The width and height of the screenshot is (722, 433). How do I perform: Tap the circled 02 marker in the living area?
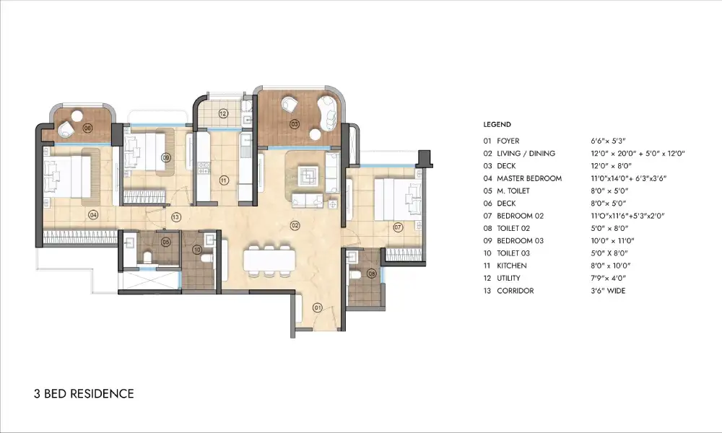(295, 226)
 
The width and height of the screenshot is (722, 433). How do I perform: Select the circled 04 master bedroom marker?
(92, 214)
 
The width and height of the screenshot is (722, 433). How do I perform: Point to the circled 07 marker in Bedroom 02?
(397, 227)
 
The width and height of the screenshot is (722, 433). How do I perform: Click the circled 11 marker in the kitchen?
(224, 180)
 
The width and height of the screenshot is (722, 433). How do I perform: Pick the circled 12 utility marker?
(223, 113)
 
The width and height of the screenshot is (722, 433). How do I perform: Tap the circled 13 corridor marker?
(175, 216)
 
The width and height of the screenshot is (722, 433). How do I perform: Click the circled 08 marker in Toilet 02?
(372, 273)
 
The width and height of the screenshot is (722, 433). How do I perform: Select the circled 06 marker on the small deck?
(87, 128)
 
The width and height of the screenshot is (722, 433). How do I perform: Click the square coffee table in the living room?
(308, 175)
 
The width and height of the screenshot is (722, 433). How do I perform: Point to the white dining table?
(268, 260)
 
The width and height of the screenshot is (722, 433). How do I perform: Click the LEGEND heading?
(497, 125)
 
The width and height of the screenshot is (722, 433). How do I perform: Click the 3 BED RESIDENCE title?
(84, 394)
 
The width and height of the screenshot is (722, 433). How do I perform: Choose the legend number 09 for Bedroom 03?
(487, 241)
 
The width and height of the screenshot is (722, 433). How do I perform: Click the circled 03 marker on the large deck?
(295, 124)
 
